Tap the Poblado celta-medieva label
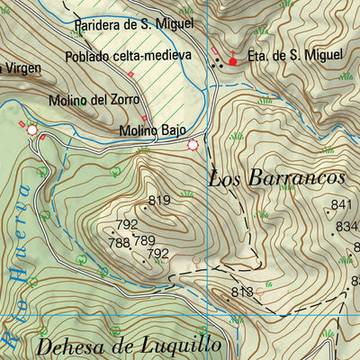129,56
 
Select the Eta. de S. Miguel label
295,56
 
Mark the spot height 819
159,201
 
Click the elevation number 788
119,243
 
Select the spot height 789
145,240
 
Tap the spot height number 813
241,292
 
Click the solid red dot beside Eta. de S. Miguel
233,62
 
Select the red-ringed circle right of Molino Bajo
193,145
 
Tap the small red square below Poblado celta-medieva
130,73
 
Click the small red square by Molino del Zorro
144,116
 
